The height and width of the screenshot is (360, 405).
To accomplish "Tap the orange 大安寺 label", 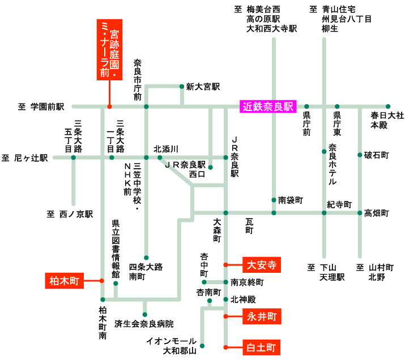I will (262, 264).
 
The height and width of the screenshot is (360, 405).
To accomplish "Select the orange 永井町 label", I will (262, 316).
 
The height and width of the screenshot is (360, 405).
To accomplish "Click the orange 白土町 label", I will (262, 346).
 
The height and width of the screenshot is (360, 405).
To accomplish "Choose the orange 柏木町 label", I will (63, 280).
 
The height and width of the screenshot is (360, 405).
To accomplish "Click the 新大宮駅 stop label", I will (202, 87).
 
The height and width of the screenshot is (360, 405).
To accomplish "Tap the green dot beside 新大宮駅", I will (181, 87).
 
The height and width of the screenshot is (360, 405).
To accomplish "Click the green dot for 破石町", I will (360, 155).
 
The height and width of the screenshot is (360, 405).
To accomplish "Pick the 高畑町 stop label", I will (376, 213).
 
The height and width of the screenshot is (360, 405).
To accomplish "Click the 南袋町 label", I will (291, 200).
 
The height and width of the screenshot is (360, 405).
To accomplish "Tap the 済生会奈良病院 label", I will (144, 324).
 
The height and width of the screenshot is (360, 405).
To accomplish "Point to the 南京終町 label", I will (248, 281).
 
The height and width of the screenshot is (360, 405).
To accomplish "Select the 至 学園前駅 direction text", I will (41, 106).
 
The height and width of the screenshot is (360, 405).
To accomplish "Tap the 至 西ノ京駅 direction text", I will (69, 215).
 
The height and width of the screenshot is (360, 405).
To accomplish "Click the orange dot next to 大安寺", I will (225, 264).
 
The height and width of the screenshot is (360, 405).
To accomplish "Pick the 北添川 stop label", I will (166, 149).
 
